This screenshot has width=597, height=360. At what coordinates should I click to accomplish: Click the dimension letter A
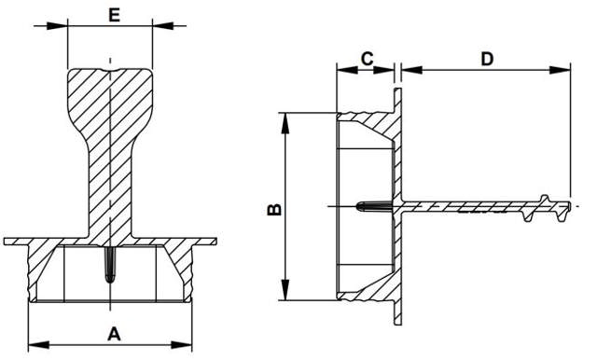tap(114, 332)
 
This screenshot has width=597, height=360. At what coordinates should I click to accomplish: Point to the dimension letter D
tap(487, 59)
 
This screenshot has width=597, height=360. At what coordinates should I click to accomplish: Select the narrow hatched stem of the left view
tap(110, 187)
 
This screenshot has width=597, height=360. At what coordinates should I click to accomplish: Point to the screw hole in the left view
tap(110, 266)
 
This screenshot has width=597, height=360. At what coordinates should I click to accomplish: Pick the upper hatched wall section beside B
tap(368, 126)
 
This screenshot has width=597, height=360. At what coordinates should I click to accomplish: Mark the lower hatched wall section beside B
tap(368, 288)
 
